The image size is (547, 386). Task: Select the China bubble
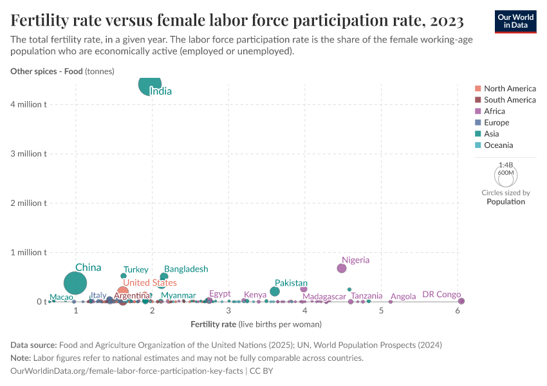coord(76,283)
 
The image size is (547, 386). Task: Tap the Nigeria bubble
coord(341,268)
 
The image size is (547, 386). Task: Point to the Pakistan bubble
coord(275,291)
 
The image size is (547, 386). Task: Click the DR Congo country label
coord(441,295)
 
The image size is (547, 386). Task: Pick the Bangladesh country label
coord(186,269)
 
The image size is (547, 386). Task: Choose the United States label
coord(149,282)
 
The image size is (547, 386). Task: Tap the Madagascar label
coord(324,297)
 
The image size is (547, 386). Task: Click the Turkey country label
coord(136,270)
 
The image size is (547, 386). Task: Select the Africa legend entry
coord(494,111)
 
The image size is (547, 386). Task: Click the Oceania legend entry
coord(498,145)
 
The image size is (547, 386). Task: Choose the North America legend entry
coord(510,89)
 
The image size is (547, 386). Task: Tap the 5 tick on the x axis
coord(382,311)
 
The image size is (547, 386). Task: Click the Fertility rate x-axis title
coord(255,324)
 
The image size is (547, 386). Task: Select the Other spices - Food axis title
coord(62,71)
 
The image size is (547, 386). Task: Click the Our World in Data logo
coord(515,21)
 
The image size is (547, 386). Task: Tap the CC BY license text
coord(262,371)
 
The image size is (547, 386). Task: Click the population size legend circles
coord(506,175)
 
